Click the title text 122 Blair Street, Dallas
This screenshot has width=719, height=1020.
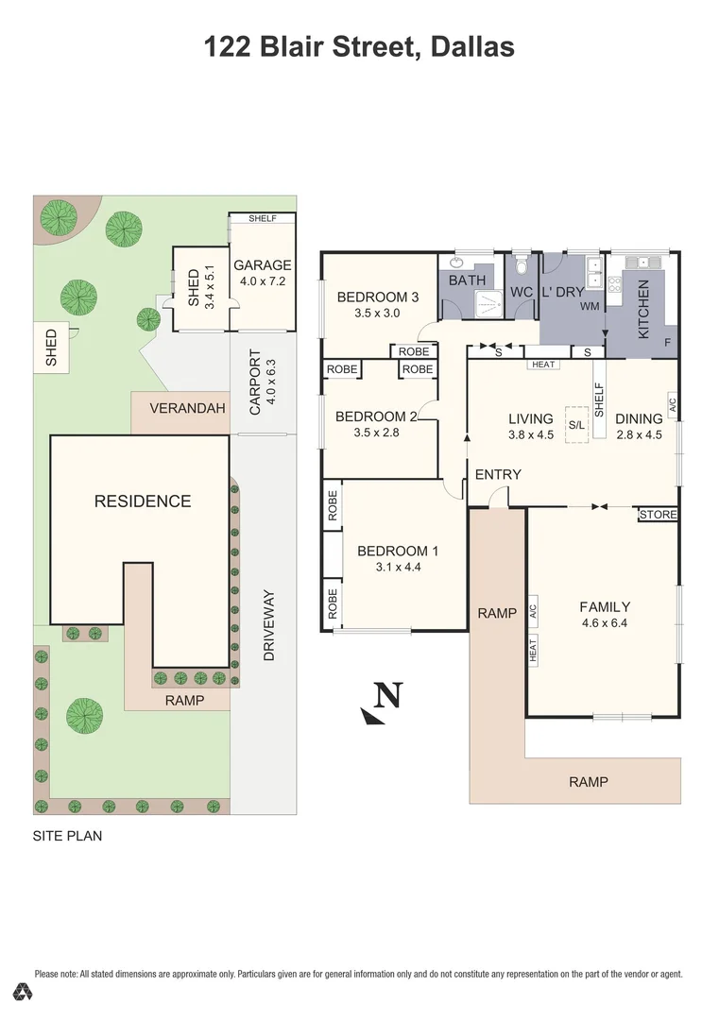(359, 46)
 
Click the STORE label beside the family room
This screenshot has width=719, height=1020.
(658, 515)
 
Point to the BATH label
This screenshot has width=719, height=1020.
(467, 280)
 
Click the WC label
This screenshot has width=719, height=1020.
(522, 293)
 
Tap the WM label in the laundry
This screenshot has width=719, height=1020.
(590, 307)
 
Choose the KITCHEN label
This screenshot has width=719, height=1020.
(643, 309)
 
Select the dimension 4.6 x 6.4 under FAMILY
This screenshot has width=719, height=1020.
(605, 623)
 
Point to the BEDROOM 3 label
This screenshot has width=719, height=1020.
(378, 297)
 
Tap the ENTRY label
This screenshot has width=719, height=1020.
(498, 474)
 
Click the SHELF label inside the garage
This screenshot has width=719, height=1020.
(262, 218)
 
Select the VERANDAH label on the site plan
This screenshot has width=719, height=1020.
(189, 409)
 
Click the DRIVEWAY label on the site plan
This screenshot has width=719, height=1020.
(269, 624)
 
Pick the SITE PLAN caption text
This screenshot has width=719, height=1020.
(67, 836)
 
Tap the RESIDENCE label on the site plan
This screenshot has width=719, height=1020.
(143, 501)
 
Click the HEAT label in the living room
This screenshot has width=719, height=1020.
(543, 365)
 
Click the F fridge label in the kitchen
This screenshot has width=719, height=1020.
(667, 342)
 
